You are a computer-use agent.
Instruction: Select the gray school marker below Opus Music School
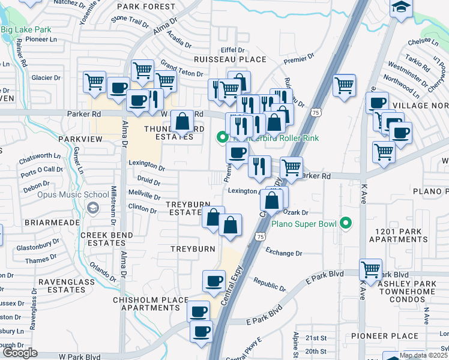coord(92,208)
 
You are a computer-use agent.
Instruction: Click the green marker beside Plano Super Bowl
coord(345,224)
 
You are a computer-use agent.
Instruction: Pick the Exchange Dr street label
coord(283,253)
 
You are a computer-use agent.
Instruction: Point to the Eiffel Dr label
coord(233,50)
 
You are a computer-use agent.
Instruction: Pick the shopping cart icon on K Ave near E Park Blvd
coord(371,269)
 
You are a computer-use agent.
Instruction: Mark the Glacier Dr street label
coord(46,78)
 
